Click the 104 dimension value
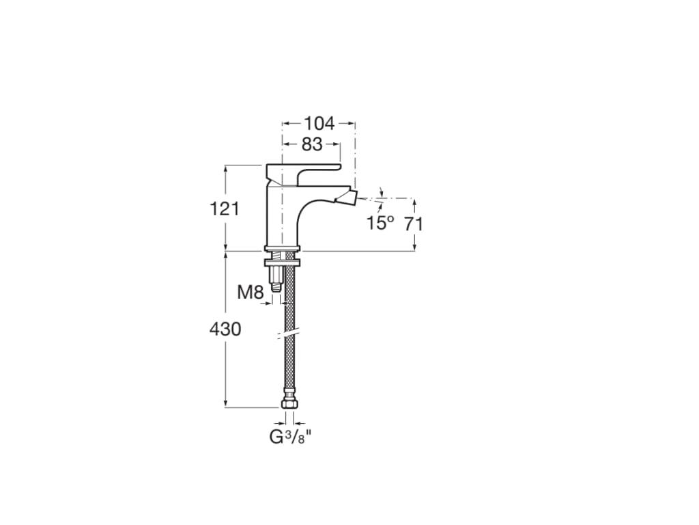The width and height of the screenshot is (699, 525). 319,123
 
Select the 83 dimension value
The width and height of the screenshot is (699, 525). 312,144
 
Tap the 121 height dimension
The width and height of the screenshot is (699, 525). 225,208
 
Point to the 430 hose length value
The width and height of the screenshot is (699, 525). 225,329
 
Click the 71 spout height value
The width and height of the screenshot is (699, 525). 414,224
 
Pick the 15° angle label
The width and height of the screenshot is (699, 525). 381,224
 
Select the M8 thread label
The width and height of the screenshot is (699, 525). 251,293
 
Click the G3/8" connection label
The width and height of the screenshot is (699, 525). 290,437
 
